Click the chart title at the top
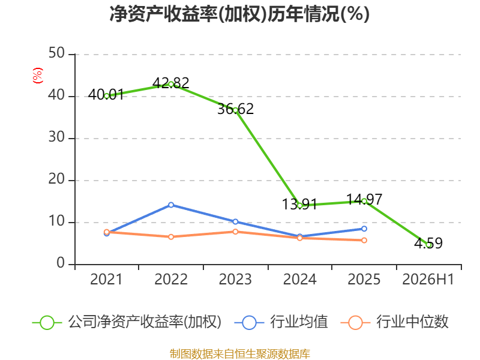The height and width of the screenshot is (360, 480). (239, 14)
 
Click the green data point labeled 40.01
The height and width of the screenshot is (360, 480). (107, 96)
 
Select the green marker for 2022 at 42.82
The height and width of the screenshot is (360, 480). (171, 84)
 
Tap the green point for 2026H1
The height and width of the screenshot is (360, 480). (429, 245)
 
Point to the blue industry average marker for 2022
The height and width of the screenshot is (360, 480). (171, 205)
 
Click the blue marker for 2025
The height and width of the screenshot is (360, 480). (364, 229)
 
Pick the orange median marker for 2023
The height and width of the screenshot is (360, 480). (235, 232)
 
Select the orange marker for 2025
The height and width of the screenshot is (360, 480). (364, 241)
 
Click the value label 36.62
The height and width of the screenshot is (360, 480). (235, 109)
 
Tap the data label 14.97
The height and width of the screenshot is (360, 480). (364, 200)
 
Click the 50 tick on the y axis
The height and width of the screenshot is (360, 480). (56, 53)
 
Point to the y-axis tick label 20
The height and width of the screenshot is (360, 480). (56, 179)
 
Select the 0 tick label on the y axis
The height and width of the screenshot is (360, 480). (61, 263)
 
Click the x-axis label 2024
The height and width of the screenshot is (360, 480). (299, 280)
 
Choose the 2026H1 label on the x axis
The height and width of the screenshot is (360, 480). (428, 280)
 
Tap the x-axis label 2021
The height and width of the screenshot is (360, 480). (106, 280)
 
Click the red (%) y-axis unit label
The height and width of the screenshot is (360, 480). (38, 76)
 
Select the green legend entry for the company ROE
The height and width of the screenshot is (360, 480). (127, 322)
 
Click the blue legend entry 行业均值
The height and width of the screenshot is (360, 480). (281, 322)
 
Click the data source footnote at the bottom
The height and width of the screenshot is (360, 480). (240, 354)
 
